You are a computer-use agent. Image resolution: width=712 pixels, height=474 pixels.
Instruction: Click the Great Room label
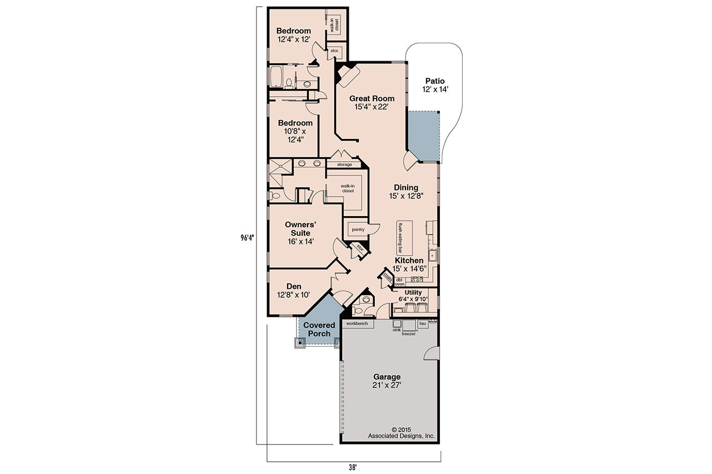pos(372,103)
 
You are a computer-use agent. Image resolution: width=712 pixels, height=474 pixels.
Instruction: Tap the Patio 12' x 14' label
pos(434,85)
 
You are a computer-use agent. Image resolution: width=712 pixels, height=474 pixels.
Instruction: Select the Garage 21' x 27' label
pos(387,381)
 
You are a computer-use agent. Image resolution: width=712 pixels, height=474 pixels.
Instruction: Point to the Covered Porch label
pos(319,330)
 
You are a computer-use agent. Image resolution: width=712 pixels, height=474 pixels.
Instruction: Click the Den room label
pos(294,291)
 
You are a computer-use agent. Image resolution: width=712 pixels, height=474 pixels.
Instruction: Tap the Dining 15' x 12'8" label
pos(406,192)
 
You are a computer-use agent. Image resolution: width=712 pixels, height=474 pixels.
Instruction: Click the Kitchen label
pos(409,264)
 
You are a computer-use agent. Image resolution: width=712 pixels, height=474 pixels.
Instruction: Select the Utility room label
pos(413,296)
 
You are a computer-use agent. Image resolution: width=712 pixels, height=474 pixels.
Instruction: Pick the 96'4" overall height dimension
pos(247,237)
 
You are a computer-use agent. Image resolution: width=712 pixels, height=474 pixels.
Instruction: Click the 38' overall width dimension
pos(353,467)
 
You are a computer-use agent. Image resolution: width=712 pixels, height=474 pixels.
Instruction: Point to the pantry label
pos(358,229)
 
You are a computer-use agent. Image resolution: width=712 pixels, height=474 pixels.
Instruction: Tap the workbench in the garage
pos(357,323)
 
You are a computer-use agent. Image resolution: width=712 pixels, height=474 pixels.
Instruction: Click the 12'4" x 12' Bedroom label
pos(294,35)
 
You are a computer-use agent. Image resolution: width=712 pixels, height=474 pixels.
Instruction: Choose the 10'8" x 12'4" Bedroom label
pos(295,131)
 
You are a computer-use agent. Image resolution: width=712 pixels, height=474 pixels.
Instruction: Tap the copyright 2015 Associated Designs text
pos(401,433)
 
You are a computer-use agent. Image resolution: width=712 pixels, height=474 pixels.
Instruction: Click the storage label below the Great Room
pos(344,164)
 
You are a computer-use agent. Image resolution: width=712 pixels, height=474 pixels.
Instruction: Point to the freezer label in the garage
pos(409,334)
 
